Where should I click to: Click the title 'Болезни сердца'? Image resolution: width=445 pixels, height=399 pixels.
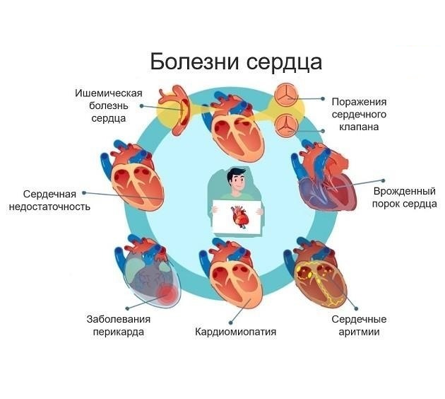click(236, 62)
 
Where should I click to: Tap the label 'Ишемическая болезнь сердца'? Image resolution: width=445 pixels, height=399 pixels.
click(109, 106)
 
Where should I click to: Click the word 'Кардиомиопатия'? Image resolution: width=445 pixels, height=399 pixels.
click(235, 331)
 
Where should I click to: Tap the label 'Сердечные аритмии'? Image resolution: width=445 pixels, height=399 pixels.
click(355, 325)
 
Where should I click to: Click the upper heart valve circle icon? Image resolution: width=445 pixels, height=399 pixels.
click(285, 96)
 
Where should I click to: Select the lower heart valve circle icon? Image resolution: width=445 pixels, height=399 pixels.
click(285, 125)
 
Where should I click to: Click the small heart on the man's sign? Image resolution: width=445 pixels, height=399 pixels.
click(239, 216)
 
